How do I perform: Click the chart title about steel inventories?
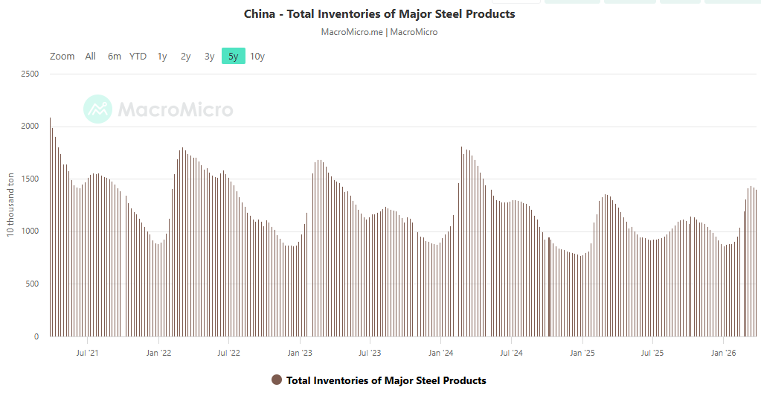tap(379, 14)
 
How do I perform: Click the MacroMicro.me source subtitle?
tap(379, 32)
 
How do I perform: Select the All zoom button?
tap(90, 56)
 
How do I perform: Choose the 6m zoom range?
tap(114, 56)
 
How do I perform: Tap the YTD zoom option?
tap(138, 56)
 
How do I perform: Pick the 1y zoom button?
tap(162, 56)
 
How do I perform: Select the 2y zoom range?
tap(186, 56)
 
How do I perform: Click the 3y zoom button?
tap(210, 56)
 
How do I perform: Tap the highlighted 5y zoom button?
tap(234, 56)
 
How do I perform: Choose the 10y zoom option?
tap(257, 56)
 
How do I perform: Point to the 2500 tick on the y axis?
tap(30, 74)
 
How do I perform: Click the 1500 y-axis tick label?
tap(30, 179)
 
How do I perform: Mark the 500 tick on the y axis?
tap(33, 284)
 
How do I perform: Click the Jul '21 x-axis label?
tap(88, 353)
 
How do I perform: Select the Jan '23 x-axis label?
tap(299, 353)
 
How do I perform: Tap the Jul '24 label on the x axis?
tap(511, 353)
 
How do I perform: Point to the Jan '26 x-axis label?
tap(723, 353)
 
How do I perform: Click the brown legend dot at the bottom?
tap(277, 380)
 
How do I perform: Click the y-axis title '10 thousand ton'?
tap(10, 205)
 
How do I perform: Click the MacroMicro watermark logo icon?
tap(97, 109)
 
